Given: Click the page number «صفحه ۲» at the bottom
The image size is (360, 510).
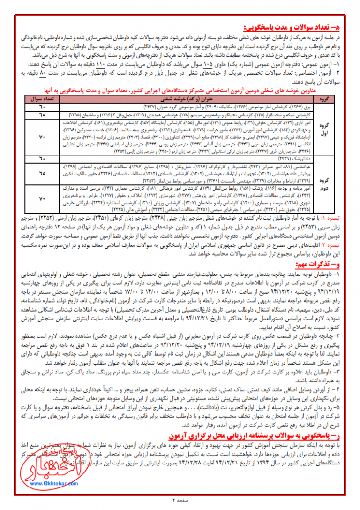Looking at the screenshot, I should [180, 500].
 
